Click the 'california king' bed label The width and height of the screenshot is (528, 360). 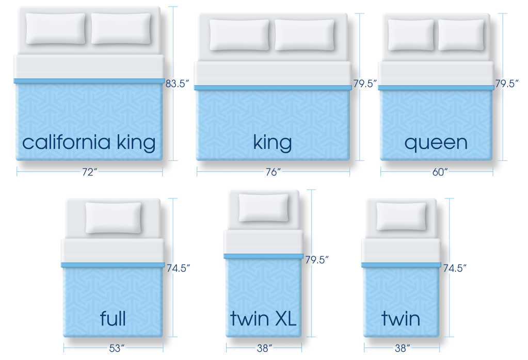click(x=89, y=142)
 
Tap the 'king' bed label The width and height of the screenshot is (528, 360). click(x=273, y=142)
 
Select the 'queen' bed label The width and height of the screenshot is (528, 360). click(x=436, y=142)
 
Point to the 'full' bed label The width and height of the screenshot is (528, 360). click(x=113, y=318)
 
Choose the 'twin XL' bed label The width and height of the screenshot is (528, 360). click(x=263, y=318)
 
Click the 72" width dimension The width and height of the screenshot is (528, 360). click(x=89, y=172)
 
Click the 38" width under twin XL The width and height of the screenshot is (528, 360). click(x=263, y=348)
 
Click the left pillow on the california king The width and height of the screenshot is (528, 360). click(x=55, y=28)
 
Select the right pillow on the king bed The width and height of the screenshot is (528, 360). click(x=305, y=35)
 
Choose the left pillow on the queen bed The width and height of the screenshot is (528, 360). click(x=411, y=35)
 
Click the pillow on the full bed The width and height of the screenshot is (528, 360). click(x=113, y=217)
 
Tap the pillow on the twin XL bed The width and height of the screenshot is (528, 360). click(x=264, y=207)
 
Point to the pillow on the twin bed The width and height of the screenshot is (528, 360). click(x=401, y=216)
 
